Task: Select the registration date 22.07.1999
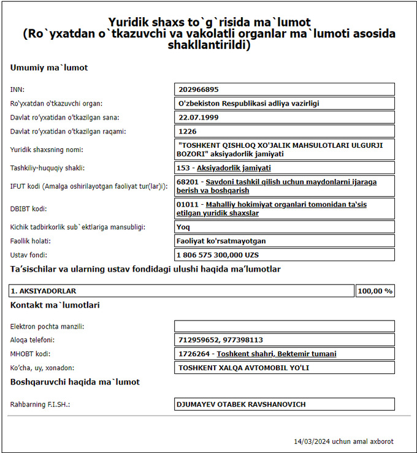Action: [x=196, y=117]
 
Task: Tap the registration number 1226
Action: [x=188, y=131]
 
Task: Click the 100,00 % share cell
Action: [x=375, y=291]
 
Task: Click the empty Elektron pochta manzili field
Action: [x=284, y=326]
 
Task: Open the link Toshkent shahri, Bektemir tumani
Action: [x=277, y=354]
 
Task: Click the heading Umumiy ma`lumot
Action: [x=49, y=67]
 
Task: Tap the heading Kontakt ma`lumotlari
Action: [x=55, y=305]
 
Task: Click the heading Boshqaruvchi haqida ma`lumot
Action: [x=75, y=382]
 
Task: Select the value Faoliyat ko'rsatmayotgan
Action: [x=221, y=241]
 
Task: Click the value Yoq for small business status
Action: [x=183, y=227]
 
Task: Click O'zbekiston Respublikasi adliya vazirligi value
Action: [x=248, y=104]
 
